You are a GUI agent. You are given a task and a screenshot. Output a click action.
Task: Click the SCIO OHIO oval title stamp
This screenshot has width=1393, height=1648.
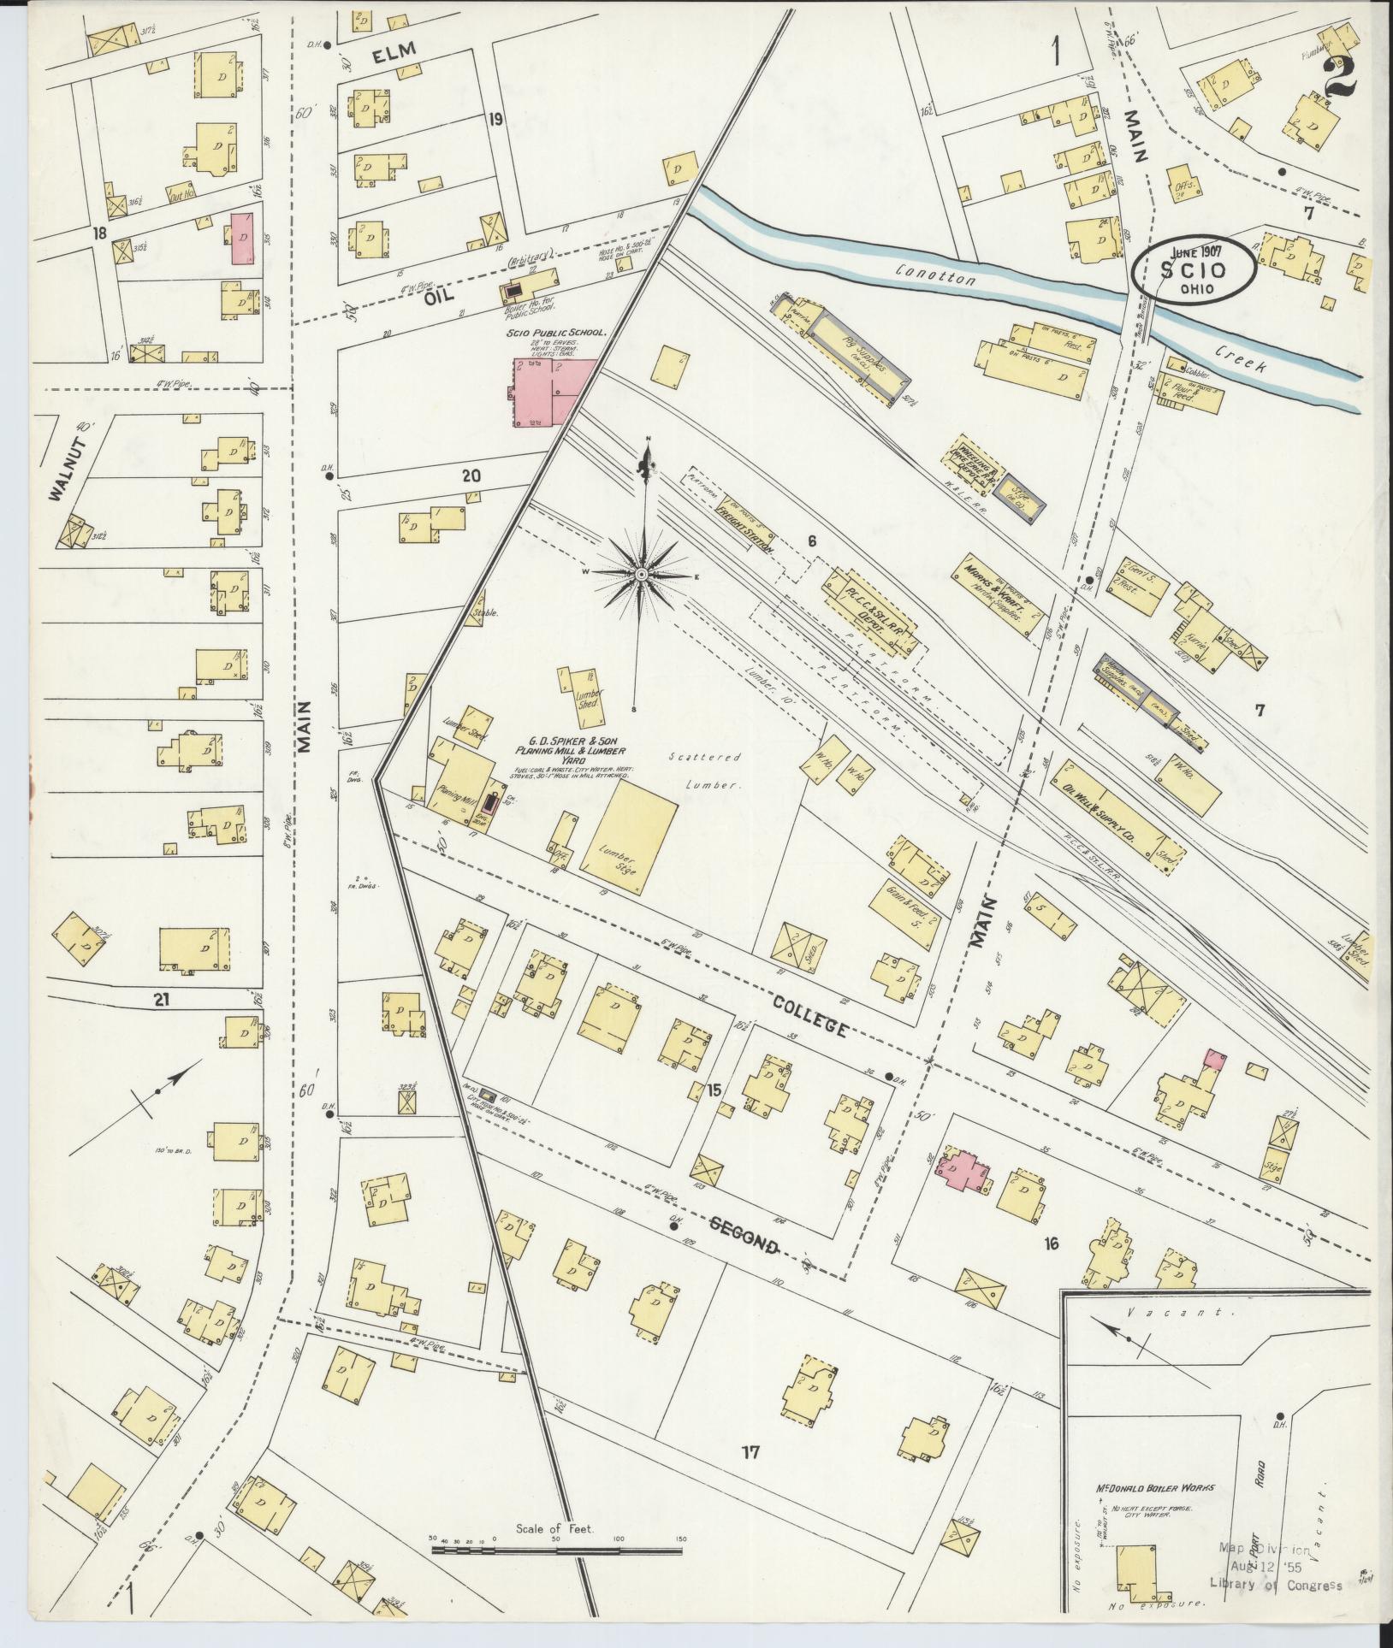pos(1193,269)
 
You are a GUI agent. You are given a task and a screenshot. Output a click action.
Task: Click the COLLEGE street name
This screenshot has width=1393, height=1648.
pos(808,1014)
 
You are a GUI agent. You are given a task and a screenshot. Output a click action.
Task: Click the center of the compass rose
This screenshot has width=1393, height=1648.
pos(641,573)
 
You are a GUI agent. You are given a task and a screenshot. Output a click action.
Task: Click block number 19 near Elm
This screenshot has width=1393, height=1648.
pos(495,120)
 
